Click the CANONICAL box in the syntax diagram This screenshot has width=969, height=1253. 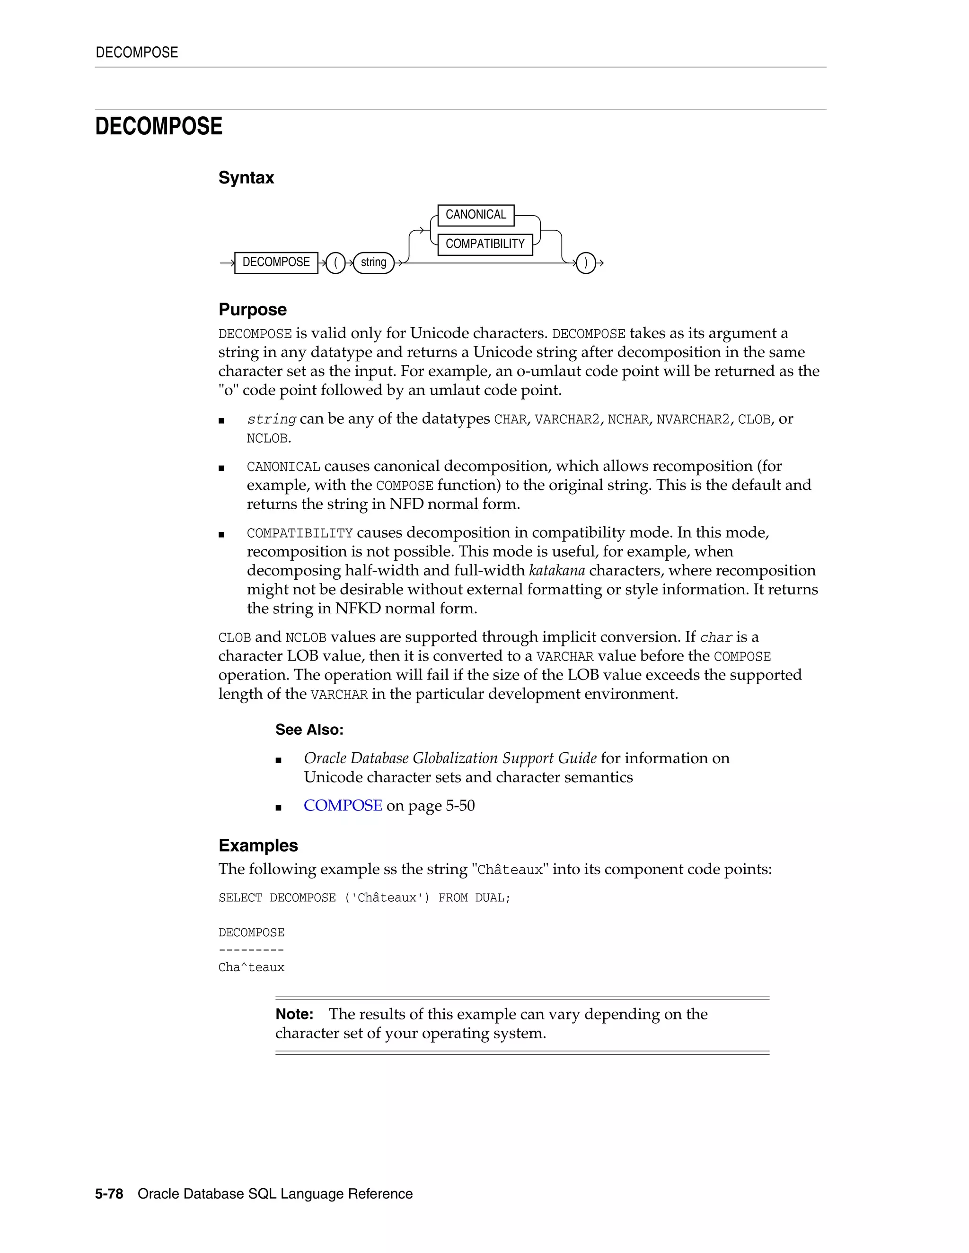476,215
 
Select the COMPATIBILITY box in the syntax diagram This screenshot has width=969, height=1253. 484,244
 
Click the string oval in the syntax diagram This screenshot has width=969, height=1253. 373,263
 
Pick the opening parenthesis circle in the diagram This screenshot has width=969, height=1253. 335,263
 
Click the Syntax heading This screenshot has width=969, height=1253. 246,178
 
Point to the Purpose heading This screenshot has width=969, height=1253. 252,310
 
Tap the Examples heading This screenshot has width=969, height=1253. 258,846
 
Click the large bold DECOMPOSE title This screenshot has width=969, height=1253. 159,127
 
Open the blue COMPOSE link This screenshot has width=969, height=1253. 343,806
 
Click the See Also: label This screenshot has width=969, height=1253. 309,730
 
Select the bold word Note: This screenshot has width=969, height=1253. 294,1014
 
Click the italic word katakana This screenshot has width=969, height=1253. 556,571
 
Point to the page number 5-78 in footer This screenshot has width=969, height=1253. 109,1194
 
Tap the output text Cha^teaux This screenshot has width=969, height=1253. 251,968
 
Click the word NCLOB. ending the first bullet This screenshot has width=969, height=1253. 269,439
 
